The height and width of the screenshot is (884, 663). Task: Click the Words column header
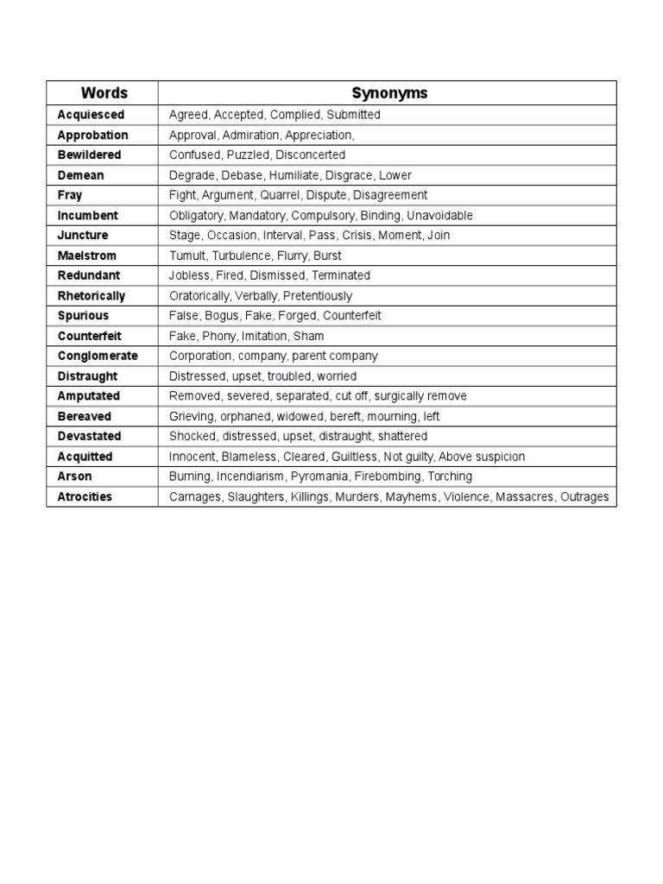point(104,93)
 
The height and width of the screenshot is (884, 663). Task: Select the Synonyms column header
point(389,93)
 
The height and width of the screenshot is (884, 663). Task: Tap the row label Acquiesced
point(91,115)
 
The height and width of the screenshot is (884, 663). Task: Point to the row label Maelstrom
point(86,256)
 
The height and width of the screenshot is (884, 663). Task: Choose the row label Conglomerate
point(98,356)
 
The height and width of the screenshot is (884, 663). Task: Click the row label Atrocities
point(85,496)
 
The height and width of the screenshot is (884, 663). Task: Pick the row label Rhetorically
point(92,295)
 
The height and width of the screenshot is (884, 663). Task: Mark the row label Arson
point(74,477)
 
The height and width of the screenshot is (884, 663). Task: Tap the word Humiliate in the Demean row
point(293,175)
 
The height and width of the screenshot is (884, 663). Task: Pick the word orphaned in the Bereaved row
point(245,416)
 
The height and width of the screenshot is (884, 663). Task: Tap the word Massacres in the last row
point(524,496)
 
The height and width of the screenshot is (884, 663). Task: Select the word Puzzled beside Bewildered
point(248,155)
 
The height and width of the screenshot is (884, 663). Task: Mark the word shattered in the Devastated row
point(399,436)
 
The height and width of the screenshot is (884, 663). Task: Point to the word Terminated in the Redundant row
point(340,275)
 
